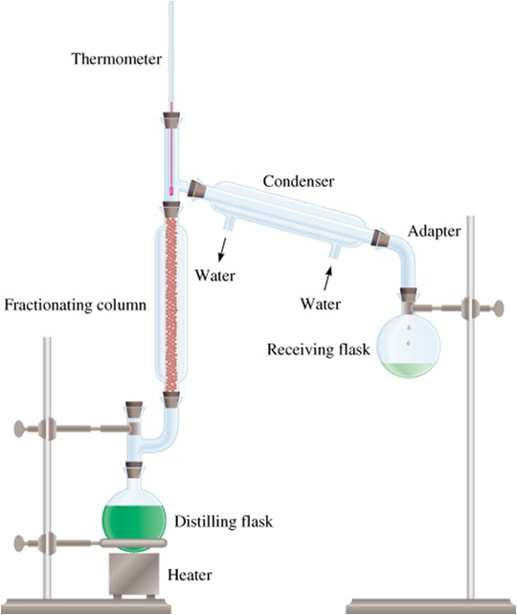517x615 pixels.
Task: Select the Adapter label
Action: point(434,232)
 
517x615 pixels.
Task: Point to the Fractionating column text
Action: point(76,307)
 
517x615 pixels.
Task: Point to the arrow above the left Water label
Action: point(223,250)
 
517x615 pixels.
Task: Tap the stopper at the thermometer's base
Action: point(172,123)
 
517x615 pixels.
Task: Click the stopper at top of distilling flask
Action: point(134,470)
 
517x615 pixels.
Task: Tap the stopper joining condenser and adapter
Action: point(379,237)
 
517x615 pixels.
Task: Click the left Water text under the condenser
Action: point(215,276)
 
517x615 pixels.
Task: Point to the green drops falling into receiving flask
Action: point(410,335)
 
